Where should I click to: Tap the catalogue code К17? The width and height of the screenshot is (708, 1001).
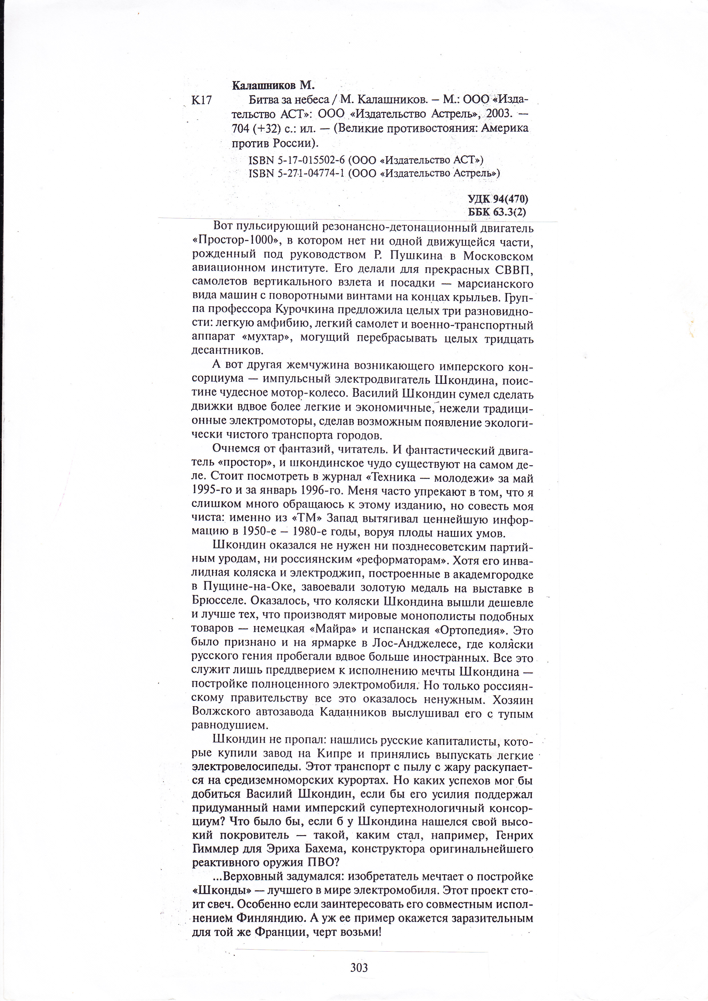[x=202, y=100]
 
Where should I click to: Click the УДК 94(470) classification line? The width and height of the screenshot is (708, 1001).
[x=498, y=199]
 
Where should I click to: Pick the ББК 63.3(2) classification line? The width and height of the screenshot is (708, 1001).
[x=497, y=212]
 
